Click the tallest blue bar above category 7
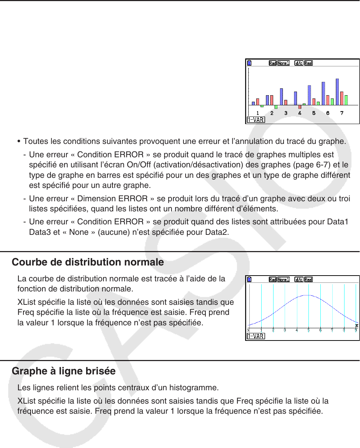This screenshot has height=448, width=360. click(x=337, y=92)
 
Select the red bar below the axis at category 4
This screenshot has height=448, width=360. click(x=299, y=107)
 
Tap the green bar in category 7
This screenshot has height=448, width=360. click(x=346, y=100)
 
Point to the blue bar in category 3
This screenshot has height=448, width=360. click(x=281, y=97)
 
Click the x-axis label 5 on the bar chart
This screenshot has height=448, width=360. click(x=314, y=113)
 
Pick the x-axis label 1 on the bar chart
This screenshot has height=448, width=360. click(x=258, y=113)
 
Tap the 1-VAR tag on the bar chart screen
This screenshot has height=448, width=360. click(x=256, y=120)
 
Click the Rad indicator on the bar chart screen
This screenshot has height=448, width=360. click(x=272, y=63)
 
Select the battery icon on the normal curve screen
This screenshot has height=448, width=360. click(x=249, y=280)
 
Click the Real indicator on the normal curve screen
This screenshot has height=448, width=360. click(x=308, y=280)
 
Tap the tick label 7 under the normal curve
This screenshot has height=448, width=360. click(x=332, y=330)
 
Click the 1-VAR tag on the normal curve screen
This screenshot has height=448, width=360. click(x=256, y=336)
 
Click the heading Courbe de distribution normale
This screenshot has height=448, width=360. click(x=88, y=262)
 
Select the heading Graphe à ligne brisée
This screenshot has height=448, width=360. click(x=64, y=371)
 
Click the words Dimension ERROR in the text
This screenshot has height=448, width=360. click(x=112, y=199)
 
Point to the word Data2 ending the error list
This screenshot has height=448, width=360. click(x=216, y=232)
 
